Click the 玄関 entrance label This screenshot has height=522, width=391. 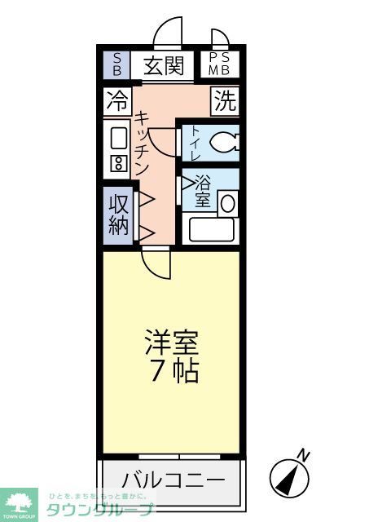(164, 66)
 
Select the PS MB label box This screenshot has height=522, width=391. (218, 64)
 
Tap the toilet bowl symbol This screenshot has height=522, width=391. (223, 143)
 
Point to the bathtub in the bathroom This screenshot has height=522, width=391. (211, 228)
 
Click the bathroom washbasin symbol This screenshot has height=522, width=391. (227, 202)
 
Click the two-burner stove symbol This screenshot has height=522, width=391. (118, 162)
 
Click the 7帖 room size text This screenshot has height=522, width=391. (173, 372)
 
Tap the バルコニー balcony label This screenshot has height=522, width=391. (174, 479)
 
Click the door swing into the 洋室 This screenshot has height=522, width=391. (155, 262)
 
